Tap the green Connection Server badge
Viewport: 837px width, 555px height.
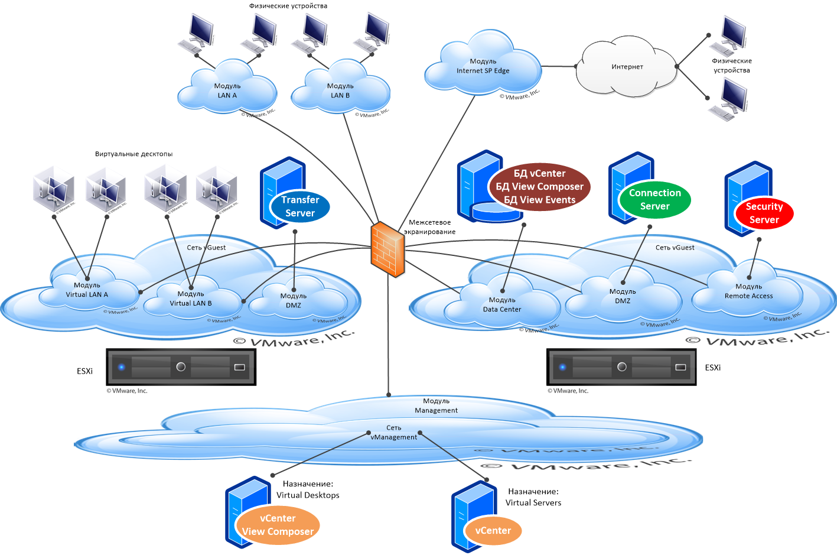654,200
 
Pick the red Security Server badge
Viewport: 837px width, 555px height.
764,213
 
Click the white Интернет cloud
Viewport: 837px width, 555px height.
627,67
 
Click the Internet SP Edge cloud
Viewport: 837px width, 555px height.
483,66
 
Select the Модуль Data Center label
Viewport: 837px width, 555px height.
502,305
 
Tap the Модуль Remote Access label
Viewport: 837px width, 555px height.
748,291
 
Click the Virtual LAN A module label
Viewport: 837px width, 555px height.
87,290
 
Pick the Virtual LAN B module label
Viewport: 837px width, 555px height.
191,298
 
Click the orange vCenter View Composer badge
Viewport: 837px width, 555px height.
278,525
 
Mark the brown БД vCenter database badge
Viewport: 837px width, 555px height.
539,187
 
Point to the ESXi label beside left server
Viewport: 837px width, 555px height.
84,371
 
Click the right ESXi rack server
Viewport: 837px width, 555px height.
621,367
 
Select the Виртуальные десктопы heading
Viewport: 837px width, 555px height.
133,154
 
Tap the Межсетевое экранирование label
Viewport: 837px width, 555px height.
430,227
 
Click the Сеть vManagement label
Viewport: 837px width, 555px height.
393,433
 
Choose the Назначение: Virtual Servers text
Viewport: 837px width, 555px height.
533,497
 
